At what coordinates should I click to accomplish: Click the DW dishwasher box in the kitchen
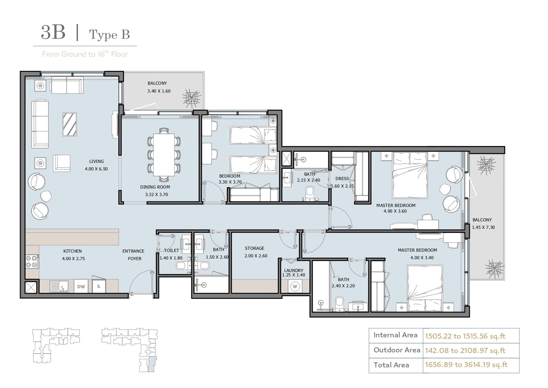(x=81, y=286)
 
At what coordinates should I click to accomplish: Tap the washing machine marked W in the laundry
(x=295, y=286)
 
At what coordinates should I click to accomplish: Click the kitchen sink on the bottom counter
(x=59, y=286)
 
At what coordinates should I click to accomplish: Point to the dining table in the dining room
(x=164, y=155)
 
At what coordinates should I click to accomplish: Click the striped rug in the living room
(x=70, y=124)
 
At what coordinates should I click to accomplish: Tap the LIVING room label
(x=96, y=161)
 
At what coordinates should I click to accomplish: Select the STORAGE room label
(x=254, y=248)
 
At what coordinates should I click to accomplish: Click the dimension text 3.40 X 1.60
(x=159, y=91)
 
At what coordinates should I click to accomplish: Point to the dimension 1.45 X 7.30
(x=483, y=227)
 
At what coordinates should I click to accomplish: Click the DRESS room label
(x=342, y=179)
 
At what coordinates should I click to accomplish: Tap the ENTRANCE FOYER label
(x=133, y=255)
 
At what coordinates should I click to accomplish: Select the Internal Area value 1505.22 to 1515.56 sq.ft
(x=465, y=336)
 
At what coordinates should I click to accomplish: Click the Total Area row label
(x=391, y=365)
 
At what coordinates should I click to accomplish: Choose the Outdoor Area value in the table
(x=465, y=351)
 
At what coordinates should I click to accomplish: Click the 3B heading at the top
(x=53, y=32)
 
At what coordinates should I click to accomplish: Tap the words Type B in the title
(x=109, y=35)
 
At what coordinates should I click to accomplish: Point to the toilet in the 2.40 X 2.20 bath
(x=339, y=304)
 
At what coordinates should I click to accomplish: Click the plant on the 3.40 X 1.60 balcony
(x=192, y=98)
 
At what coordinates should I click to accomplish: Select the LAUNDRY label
(x=294, y=270)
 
